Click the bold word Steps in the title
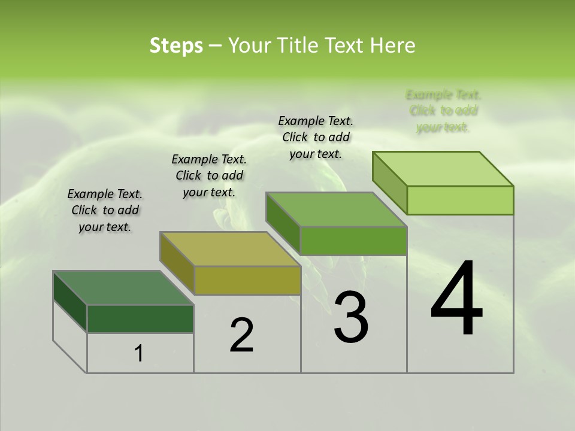pos(176,45)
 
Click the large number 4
pos(456,299)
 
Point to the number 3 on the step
pos(351,317)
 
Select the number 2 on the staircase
pos(241,335)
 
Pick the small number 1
pos(139,354)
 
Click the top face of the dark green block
pos(123,288)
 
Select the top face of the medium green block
pos(337,210)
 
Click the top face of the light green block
pos(443,169)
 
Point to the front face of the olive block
pos(247,280)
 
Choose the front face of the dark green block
pos(141,318)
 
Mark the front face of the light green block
pos(460,200)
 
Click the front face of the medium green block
pos(353,241)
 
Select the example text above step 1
pos(105,211)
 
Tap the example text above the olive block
pos(209,175)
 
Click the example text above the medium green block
pos(316,137)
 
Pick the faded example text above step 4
pos(443,111)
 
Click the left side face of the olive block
pos(177,263)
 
